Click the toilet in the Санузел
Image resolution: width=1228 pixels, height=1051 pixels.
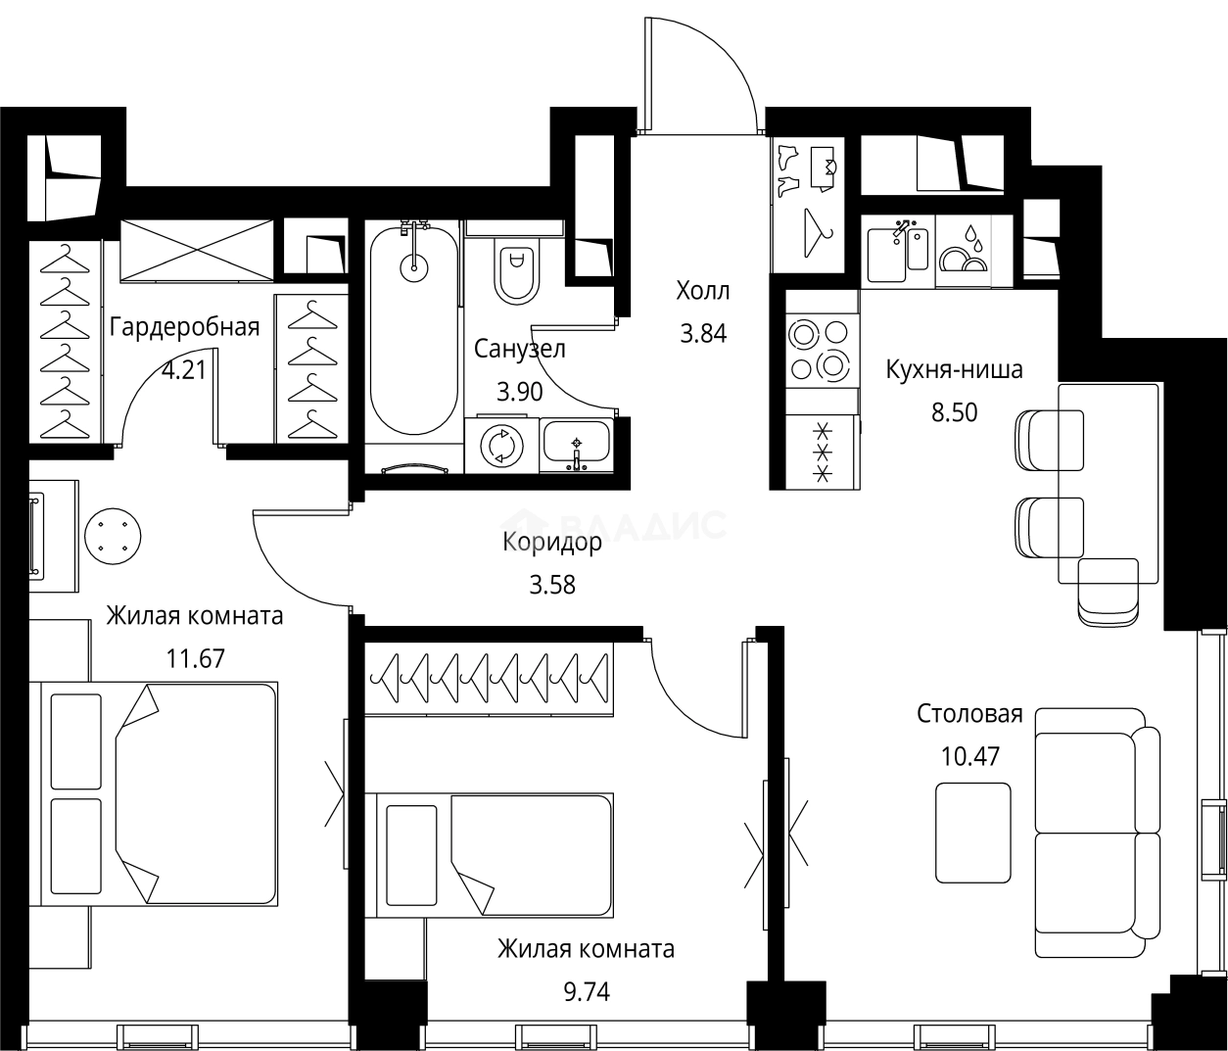(516, 272)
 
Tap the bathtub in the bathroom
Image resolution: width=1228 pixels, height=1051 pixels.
(412, 331)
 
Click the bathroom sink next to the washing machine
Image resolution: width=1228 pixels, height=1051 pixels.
(576, 445)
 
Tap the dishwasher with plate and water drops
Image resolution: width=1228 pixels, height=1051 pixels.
(964, 252)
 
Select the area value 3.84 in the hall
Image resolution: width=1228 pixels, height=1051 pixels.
(703, 334)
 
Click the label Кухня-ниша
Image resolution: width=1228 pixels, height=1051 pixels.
(954, 370)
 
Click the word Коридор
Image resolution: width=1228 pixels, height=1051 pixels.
(552, 543)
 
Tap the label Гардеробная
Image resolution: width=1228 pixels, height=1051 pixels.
(184, 327)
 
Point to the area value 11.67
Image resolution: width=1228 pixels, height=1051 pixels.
(195, 658)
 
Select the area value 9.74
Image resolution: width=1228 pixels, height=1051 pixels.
(586, 991)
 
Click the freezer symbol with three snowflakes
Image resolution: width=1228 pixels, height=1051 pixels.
(823, 452)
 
